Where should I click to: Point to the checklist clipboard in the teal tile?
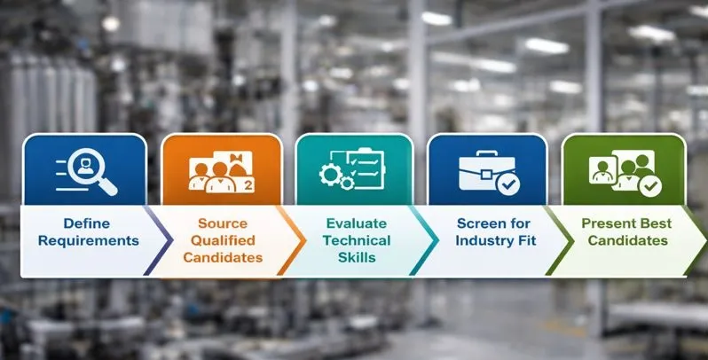coord(364,165)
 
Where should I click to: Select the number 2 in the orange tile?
coord(248,184)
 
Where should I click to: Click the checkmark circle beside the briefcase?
coord(507,184)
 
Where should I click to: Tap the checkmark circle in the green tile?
coord(650,184)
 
